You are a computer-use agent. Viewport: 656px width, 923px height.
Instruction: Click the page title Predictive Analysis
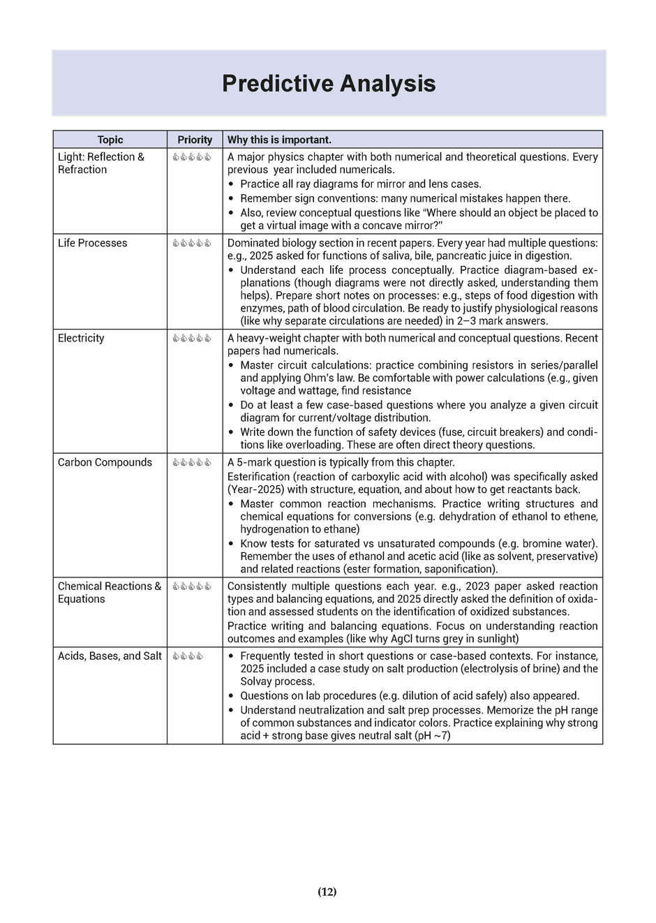pos(328,84)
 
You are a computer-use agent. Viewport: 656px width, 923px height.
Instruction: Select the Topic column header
pos(110,140)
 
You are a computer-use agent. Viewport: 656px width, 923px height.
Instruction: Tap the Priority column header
pos(195,140)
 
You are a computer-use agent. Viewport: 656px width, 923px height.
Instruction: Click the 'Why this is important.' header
pos(279,140)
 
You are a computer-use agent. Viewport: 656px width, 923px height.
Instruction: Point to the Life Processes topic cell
pos(92,243)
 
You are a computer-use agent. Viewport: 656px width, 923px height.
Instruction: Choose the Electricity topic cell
pos(81,338)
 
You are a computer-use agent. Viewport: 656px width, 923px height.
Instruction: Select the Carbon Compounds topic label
pos(105,462)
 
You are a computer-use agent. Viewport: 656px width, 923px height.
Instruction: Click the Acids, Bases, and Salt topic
pos(110,656)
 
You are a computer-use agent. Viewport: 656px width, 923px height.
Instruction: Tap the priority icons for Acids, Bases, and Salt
pos(188,656)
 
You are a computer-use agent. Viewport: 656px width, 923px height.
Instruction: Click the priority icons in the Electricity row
pos(192,339)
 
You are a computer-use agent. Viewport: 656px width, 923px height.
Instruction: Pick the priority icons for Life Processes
pos(192,243)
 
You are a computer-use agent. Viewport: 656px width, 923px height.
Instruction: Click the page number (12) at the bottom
pos(327,892)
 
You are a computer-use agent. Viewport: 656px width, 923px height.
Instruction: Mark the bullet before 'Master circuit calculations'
pos(231,365)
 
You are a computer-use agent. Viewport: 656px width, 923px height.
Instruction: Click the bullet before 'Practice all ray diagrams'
pos(231,184)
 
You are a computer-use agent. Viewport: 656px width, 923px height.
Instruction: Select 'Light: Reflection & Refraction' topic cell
pos(100,163)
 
